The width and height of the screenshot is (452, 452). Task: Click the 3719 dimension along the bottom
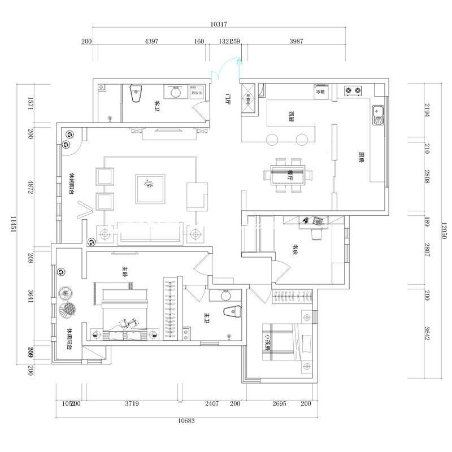click(132, 403)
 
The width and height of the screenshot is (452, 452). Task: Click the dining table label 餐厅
click(290, 175)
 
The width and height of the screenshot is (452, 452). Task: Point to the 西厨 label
click(290, 117)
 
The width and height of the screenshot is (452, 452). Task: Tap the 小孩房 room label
click(267, 340)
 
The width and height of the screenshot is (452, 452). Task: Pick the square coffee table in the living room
click(150, 189)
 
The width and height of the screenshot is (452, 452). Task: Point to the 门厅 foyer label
click(228, 99)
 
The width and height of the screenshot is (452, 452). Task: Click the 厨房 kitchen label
click(360, 157)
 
